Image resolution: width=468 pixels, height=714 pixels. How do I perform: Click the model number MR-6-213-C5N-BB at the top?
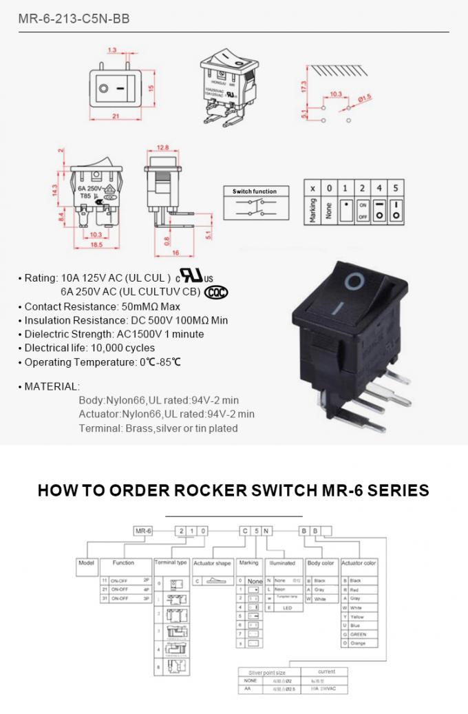coord(74,19)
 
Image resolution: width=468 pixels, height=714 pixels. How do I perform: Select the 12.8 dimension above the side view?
coord(162,148)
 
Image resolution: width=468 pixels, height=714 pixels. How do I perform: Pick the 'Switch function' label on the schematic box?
coord(254,191)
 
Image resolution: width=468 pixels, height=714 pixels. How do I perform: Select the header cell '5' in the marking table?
coord(395,188)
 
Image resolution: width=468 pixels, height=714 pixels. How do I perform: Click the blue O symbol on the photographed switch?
coord(354,280)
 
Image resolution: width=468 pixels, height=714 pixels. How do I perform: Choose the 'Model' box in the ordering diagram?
coord(87,563)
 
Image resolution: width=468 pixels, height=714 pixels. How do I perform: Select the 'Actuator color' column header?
coord(359,563)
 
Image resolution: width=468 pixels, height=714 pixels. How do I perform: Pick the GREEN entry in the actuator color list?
coord(359,635)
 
